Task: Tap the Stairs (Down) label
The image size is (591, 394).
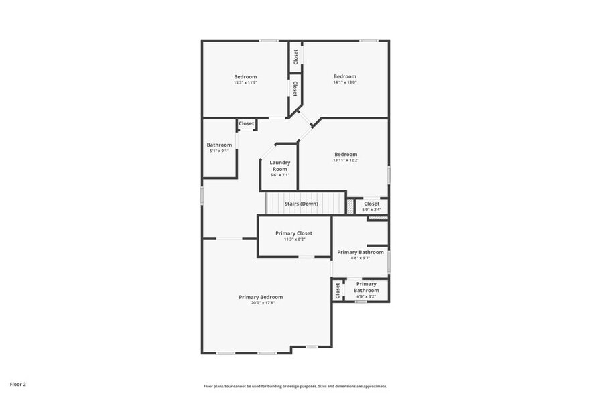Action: click(x=302, y=204)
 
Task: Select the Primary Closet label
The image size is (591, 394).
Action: click(x=293, y=233)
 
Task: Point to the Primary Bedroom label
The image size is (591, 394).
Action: click(x=261, y=297)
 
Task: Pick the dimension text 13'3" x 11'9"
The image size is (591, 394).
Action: click(x=245, y=83)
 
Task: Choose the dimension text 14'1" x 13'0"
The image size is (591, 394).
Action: click(x=345, y=83)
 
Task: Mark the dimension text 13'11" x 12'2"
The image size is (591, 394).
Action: click(x=346, y=160)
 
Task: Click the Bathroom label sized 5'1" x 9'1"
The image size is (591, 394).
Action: click(x=219, y=145)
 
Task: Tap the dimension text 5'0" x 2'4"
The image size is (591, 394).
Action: click(x=371, y=210)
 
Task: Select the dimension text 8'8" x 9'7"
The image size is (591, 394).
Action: click(x=360, y=258)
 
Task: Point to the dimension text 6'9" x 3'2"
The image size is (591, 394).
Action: click(x=366, y=296)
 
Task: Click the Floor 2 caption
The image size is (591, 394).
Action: click(x=17, y=385)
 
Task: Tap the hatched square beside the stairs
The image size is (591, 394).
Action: click(x=350, y=207)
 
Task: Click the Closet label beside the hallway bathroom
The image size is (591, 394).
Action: click(x=247, y=123)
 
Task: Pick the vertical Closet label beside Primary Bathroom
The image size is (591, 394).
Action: click(x=338, y=290)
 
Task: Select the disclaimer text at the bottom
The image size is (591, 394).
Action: click(x=295, y=386)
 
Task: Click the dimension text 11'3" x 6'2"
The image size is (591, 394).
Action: click(x=293, y=239)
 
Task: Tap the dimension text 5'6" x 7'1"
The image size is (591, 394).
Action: click(x=280, y=175)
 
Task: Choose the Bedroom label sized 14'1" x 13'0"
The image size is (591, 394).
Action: click(x=345, y=76)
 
